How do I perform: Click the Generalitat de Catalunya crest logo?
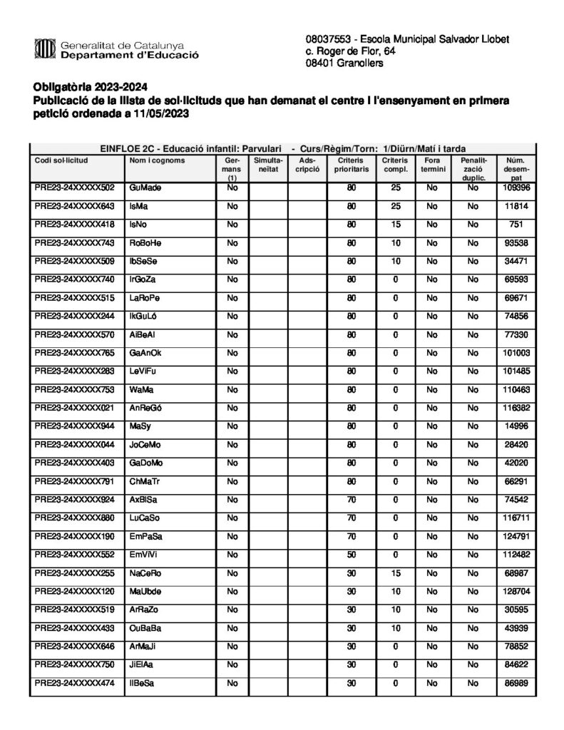[x=44, y=49]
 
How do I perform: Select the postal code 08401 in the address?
[x=321, y=63]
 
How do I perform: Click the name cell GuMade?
[x=145, y=187]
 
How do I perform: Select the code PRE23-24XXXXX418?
[x=75, y=224]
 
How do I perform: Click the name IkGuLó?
[x=145, y=316]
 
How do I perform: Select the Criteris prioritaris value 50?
[x=352, y=555]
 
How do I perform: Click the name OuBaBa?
[x=145, y=628]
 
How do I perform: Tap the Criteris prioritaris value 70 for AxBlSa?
[x=352, y=500]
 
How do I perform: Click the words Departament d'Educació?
[x=129, y=55]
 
